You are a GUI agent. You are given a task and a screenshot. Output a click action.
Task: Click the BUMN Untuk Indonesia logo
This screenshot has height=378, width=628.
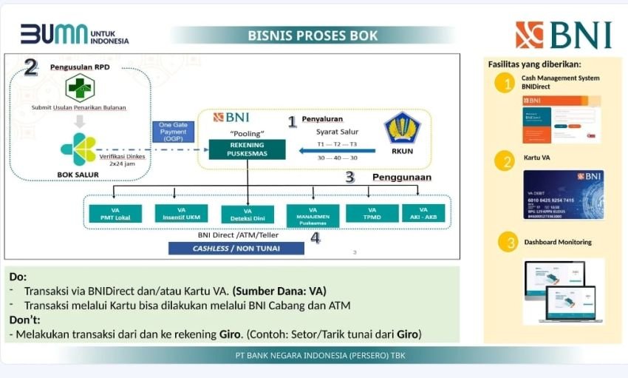click(74, 35)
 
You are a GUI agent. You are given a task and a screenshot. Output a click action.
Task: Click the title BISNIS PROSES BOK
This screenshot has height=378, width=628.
click(313, 36)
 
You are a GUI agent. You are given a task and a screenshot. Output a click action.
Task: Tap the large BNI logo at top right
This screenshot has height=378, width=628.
click(564, 35)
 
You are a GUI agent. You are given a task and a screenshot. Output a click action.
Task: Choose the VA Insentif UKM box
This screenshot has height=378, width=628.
click(182, 213)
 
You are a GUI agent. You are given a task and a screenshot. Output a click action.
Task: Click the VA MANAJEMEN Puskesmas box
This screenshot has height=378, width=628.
click(313, 215)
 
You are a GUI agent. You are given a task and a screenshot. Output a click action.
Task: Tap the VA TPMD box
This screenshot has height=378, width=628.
click(372, 213)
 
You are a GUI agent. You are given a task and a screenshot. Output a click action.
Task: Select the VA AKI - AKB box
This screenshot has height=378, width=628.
click(422, 213)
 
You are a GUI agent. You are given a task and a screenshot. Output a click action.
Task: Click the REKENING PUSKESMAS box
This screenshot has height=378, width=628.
click(248, 149)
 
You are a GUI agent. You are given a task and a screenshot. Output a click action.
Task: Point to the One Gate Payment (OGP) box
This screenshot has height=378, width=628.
click(174, 132)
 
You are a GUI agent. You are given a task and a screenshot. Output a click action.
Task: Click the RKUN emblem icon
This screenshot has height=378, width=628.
click(402, 129)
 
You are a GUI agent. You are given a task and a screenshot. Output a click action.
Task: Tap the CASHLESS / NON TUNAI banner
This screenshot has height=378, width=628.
click(236, 249)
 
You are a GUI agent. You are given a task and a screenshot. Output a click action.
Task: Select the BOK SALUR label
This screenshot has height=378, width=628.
click(78, 175)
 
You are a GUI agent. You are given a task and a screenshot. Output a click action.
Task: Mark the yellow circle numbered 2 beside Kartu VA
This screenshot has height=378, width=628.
click(506, 162)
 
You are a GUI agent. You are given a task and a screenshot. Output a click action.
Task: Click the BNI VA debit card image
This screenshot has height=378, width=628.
click(564, 195)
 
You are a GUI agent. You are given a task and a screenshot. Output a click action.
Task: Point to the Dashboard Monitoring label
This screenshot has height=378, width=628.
click(558, 242)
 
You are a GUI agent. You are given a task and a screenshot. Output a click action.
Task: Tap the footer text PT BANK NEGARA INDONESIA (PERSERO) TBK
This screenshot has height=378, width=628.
click(320, 356)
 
